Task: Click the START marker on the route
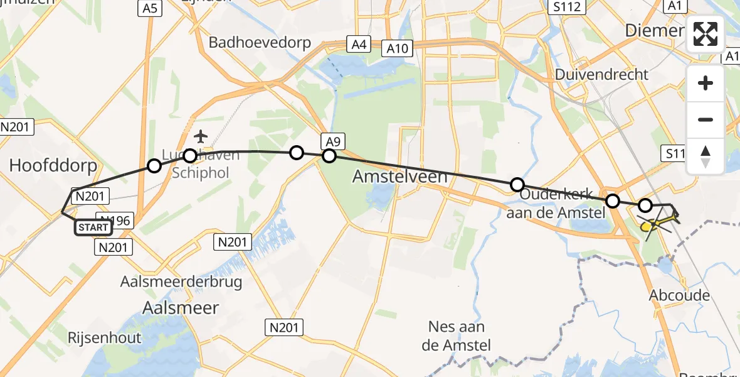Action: [x=93, y=227]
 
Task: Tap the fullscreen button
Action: [x=706, y=34]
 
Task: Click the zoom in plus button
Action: [x=706, y=83]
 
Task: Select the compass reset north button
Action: [x=706, y=156]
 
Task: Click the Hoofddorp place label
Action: [x=53, y=166]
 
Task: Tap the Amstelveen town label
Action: [x=400, y=177]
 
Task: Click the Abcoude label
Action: [x=680, y=295]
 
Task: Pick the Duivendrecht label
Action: [x=601, y=74]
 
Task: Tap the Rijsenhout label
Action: [x=105, y=337]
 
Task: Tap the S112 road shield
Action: [x=566, y=8]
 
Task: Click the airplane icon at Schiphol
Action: [x=201, y=136]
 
